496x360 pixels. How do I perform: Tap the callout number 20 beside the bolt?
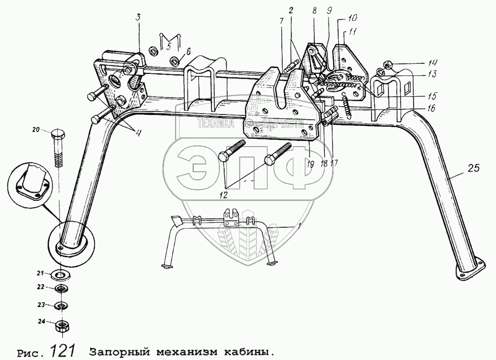(36, 130)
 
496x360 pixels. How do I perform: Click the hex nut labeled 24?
(62, 325)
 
